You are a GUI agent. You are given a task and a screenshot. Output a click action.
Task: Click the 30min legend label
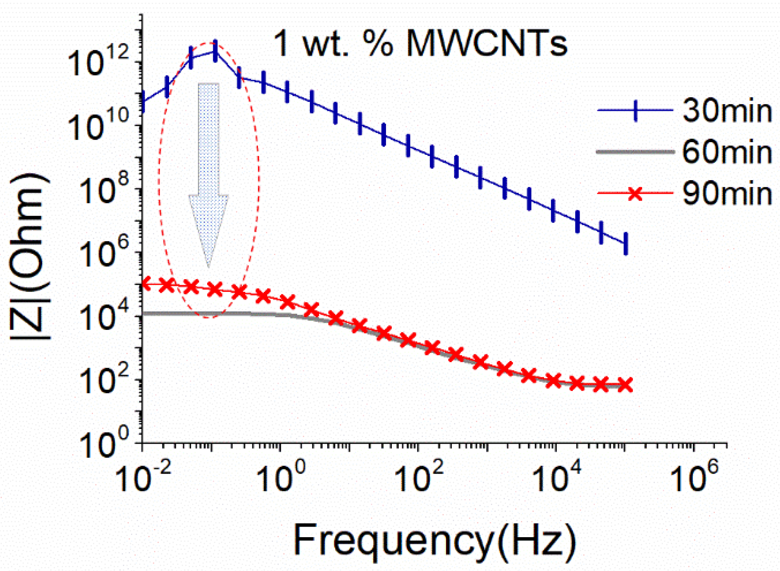coord(727,111)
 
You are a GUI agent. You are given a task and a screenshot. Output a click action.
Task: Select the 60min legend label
coord(727,152)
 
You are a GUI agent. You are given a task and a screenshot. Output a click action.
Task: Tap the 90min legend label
coord(727,193)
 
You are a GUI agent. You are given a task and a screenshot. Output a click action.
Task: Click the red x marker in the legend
coord(635,194)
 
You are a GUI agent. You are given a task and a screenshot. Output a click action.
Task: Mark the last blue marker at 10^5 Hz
coord(626,243)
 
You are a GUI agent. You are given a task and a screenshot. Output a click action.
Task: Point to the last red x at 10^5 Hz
coord(625,385)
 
